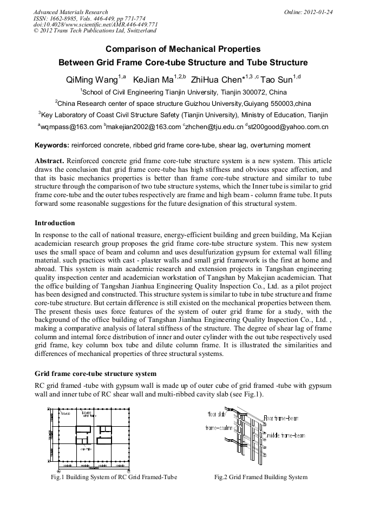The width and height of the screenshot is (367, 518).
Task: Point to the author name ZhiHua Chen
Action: point(214,80)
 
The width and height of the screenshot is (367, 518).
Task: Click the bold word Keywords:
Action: point(51,145)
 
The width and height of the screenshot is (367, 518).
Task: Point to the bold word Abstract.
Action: point(49,162)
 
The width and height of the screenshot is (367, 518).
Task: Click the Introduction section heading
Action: point(55,223)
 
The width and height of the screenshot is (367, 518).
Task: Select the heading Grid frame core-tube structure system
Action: point(96,373)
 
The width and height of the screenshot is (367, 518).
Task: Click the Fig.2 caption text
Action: point(261,477)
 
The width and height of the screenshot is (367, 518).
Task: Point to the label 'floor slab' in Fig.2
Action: point(217,415)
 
